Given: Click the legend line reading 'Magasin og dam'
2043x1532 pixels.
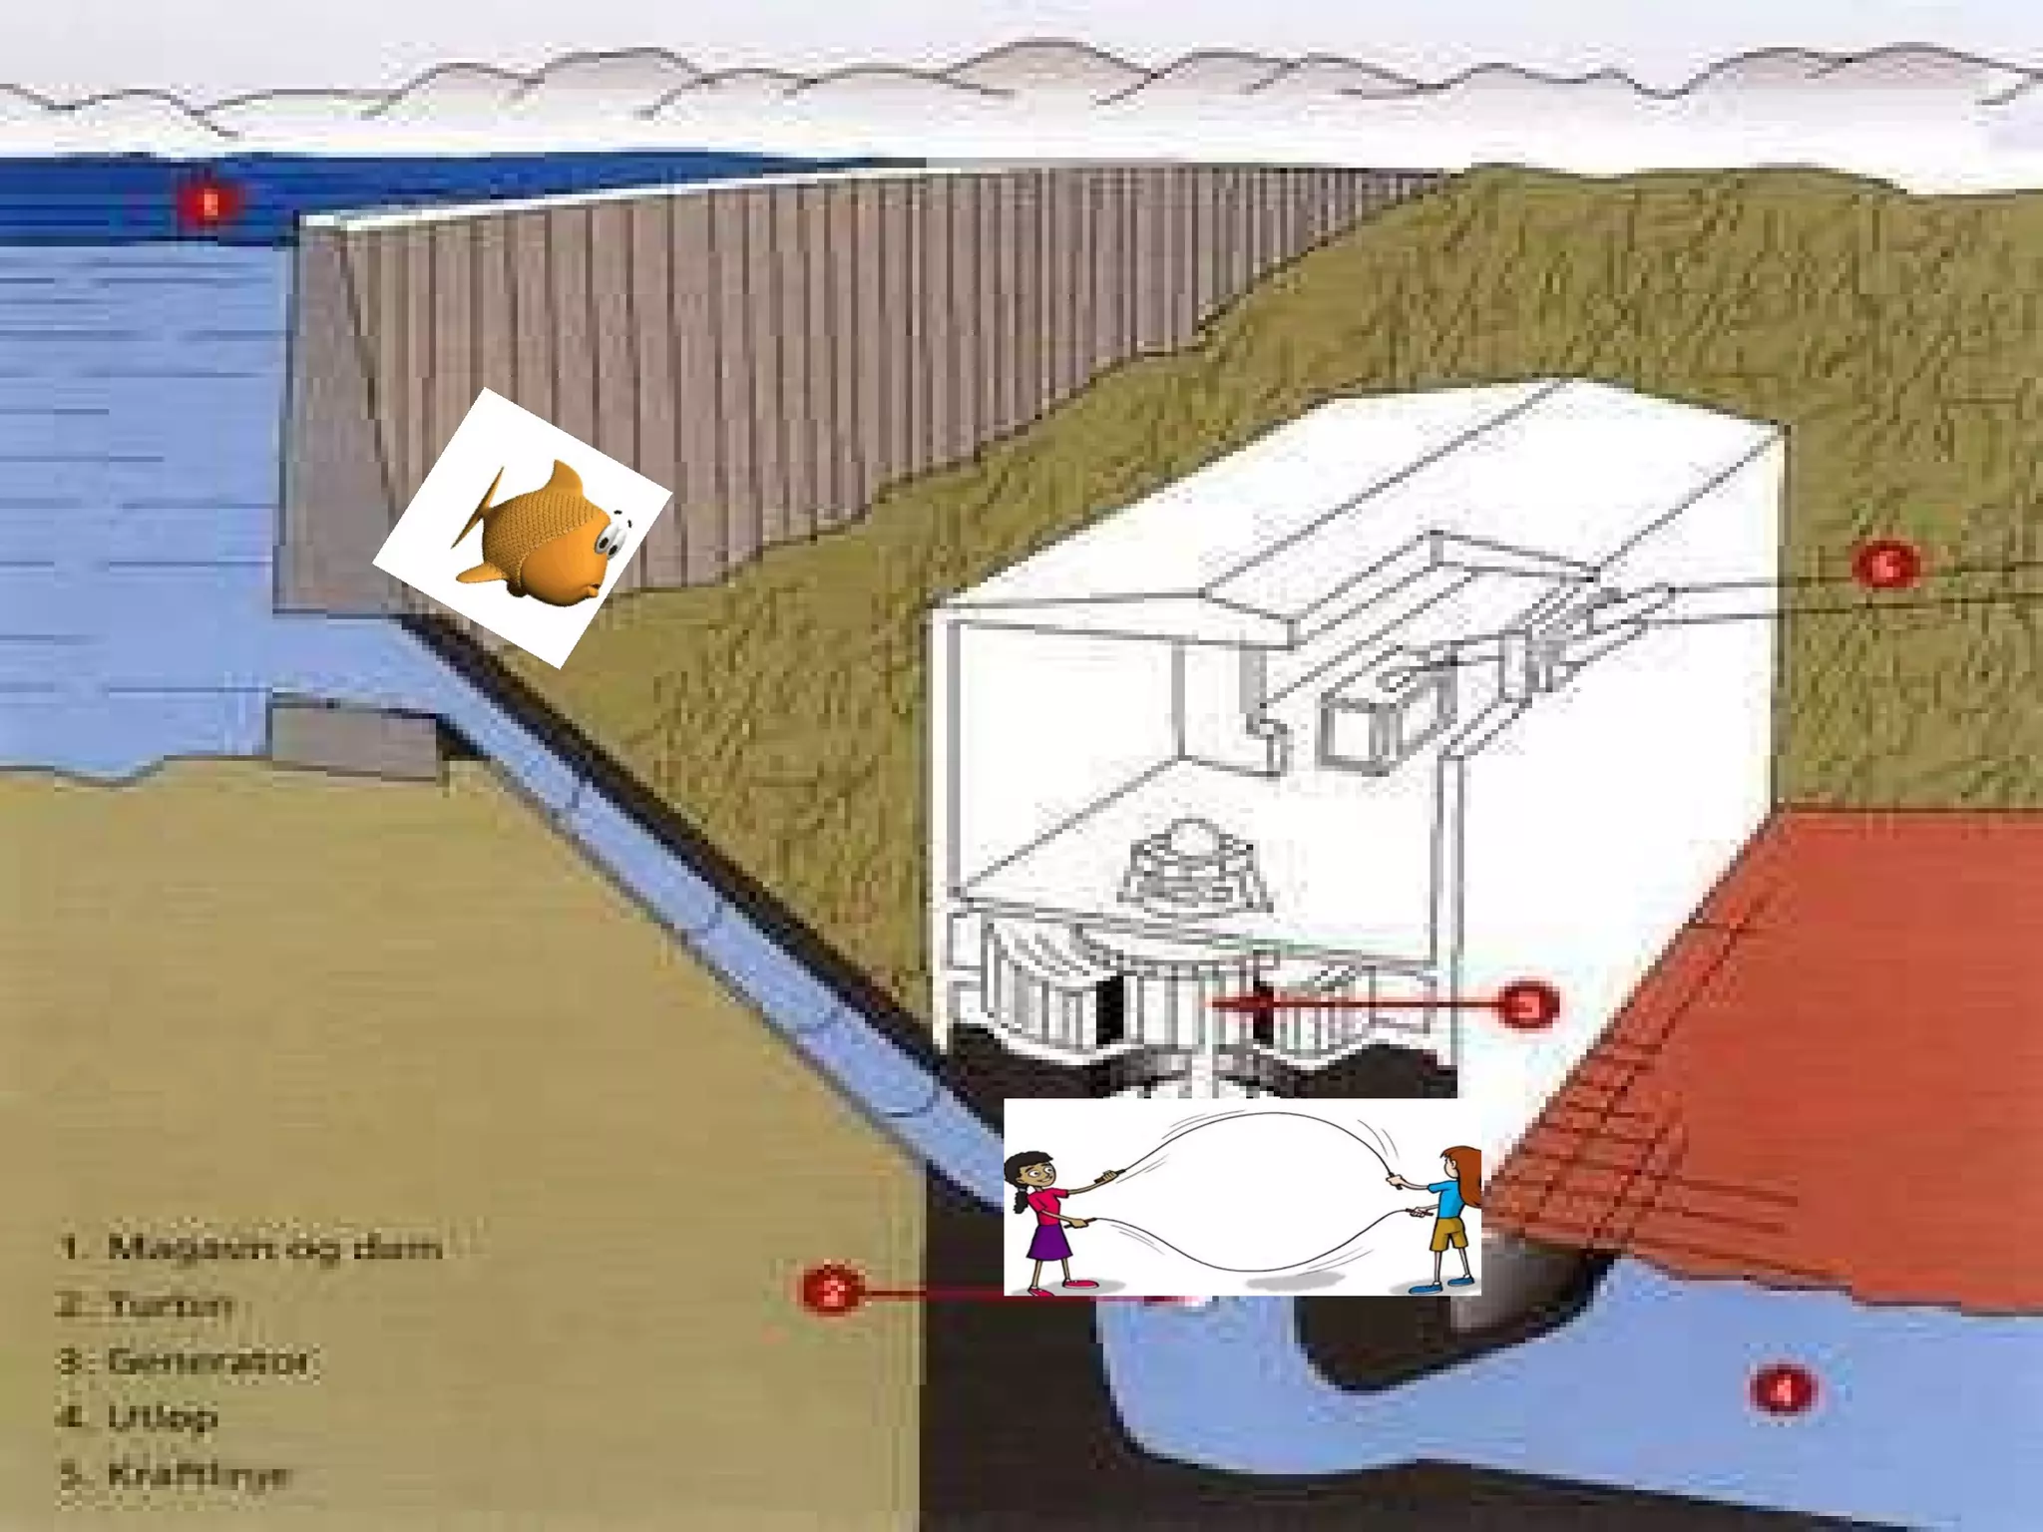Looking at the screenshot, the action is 249,1247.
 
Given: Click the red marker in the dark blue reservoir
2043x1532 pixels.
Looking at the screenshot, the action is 209,204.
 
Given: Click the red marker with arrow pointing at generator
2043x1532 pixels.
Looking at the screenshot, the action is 1527,1005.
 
